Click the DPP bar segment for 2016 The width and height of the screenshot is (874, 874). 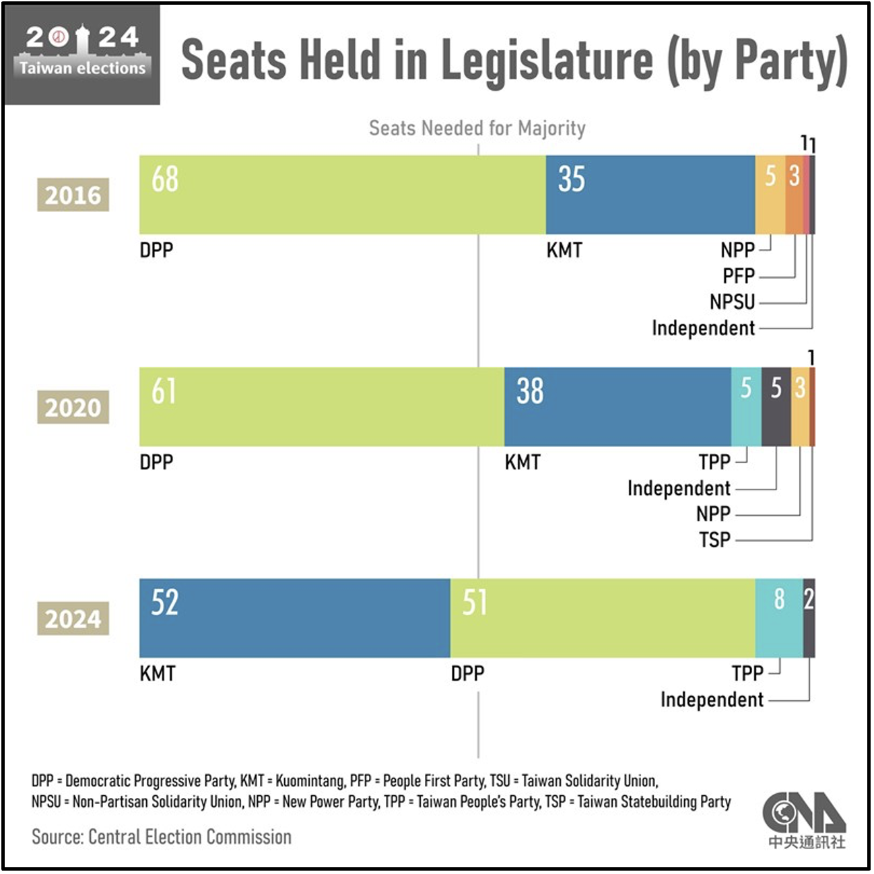(343, 195)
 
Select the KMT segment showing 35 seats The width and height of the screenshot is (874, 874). (650, 195)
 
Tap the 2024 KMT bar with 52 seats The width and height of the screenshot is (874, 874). (295, 618)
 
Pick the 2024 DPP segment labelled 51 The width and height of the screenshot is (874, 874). (603, 618)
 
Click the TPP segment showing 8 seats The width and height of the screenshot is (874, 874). (779, 618)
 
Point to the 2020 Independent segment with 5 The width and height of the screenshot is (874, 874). (776, 407)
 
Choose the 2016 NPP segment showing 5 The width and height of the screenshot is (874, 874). (770, 195)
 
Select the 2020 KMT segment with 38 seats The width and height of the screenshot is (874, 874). (617, 407)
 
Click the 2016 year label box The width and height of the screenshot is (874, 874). (73, 195)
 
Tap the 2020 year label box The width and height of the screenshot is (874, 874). (73, 407)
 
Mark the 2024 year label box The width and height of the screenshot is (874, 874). (73, 619)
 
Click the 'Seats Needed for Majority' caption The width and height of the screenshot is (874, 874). (477, 129)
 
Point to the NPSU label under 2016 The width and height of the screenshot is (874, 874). (732, 302)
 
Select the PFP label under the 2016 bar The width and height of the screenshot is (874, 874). (739, 276)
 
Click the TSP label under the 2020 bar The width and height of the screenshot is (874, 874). (714, 540)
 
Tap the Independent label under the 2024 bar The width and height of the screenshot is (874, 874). (712, 700)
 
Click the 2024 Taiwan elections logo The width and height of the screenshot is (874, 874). (82, 55)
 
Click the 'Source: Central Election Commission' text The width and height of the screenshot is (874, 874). (162, 837)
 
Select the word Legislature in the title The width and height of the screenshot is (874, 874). (547, 61)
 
